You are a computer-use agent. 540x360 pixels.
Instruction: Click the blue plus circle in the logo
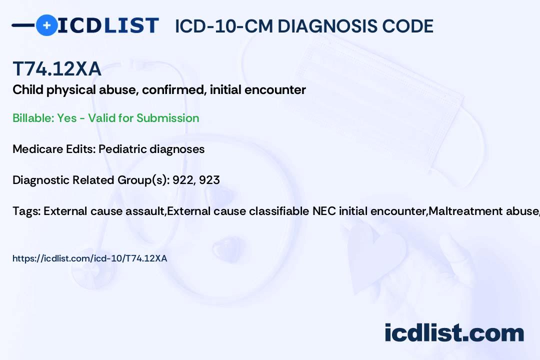(x=46, y=25)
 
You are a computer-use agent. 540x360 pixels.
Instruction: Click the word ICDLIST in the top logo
(x=108, y=25)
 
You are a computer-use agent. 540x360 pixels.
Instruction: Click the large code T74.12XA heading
(x=57, y=68)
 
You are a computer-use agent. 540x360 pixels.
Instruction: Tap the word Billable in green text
(x=33, y=118)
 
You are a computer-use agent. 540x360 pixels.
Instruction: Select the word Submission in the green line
(x=167, y=118)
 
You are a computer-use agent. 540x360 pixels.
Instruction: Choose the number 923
(x=209, y=180)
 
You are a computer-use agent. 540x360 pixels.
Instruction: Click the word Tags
(x=26, y=211)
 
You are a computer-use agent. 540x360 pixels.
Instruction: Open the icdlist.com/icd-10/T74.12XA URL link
(x=89, y=258)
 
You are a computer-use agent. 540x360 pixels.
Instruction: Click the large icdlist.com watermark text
(x=454, y=333)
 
